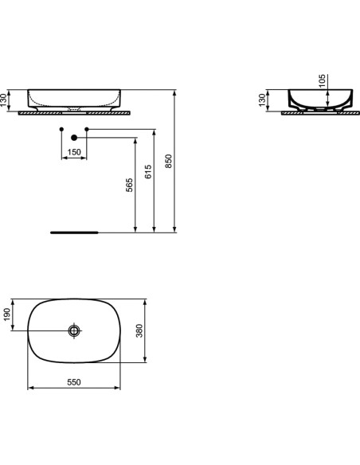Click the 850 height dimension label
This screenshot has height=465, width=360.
coord(168,162)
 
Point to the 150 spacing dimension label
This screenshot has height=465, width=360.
coord(74,152)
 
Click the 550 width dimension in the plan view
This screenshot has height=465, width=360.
coord(74,382)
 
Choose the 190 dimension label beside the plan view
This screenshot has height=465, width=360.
coord(9,316)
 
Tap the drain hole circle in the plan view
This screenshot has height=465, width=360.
coord(75,330)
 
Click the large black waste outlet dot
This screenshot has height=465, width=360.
coord(74,137)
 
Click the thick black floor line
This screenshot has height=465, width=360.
coord(74,233)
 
